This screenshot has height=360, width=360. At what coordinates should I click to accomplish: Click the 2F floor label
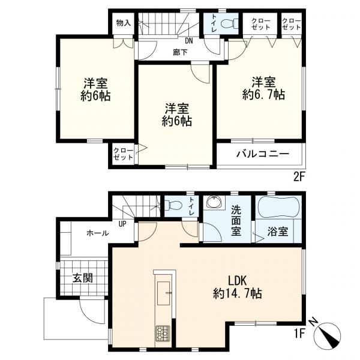[299, 178]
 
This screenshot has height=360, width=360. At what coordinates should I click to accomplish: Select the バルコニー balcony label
[263, 154]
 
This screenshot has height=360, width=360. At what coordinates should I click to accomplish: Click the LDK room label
[237, 287]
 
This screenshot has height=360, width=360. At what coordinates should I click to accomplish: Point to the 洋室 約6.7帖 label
[263, 88]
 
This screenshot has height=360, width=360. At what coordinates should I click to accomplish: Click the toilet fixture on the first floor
[174, 205]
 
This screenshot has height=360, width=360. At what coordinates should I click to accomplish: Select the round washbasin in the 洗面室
[214, 202]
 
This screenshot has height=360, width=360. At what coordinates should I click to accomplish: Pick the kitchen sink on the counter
[163, 293]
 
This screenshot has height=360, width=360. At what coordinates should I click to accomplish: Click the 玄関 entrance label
[83, 278]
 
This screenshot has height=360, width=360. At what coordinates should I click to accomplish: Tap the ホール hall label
[98, 233]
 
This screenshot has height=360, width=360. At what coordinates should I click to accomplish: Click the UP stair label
[122, 224]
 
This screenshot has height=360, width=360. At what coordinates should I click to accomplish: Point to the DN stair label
[189, 41]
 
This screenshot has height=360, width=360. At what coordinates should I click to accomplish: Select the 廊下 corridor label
[180, 53]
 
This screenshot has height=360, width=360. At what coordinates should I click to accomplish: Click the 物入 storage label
[124, 23]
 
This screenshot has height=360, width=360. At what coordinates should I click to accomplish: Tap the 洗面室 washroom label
[236, 221]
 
